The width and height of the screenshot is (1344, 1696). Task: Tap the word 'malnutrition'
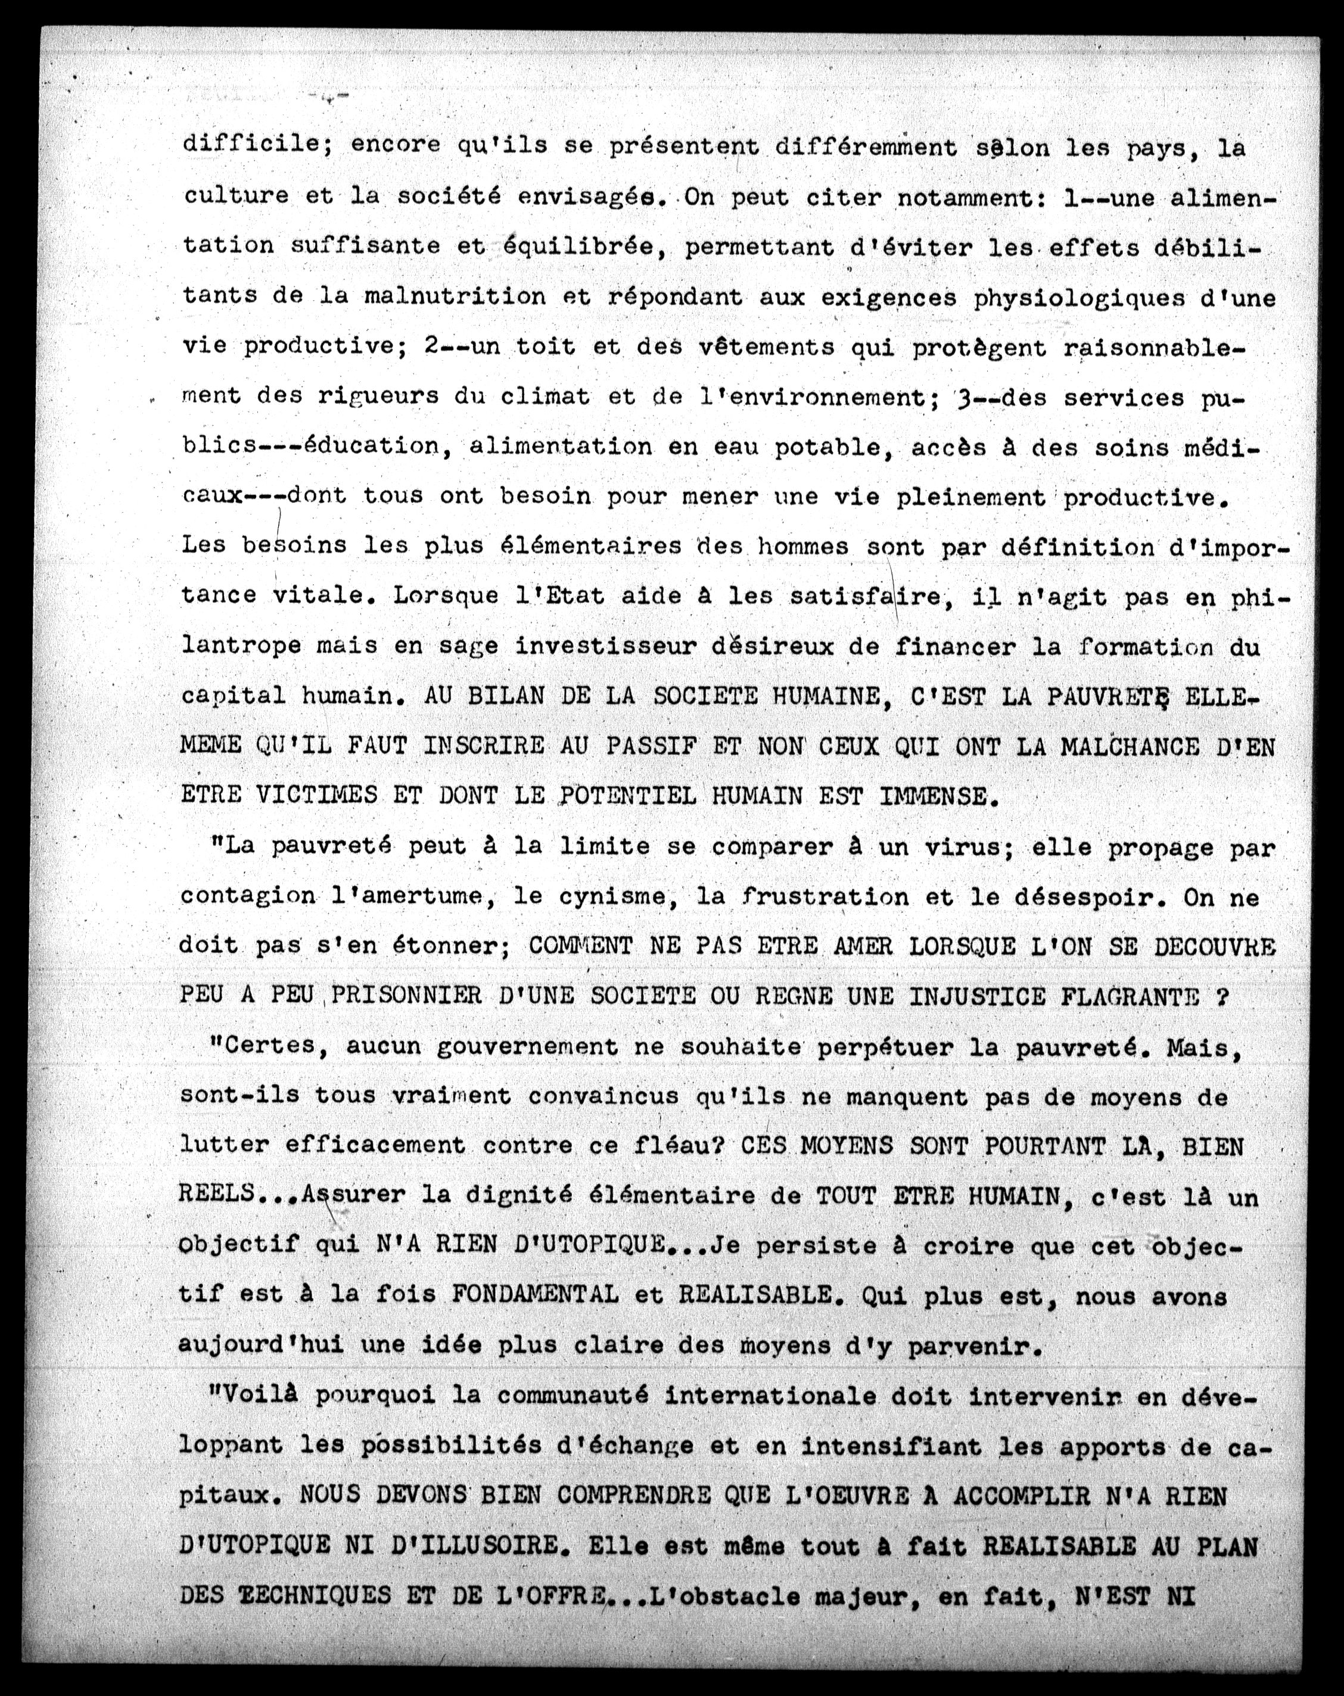coord(455,297)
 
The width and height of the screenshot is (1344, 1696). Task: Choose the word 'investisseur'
coord(606,647)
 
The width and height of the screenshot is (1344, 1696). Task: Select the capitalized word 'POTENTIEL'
coord(626,796)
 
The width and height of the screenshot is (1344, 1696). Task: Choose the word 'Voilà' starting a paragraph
coord(258,1395)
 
